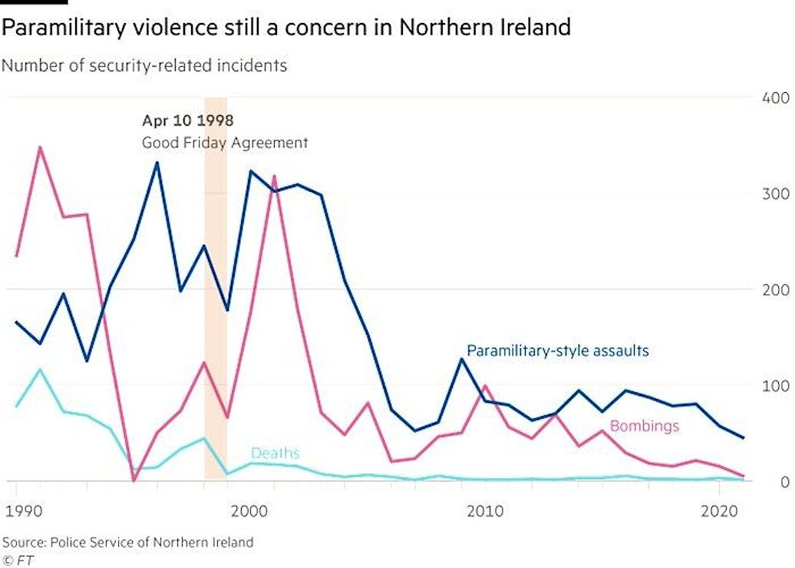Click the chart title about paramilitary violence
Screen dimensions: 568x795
click(285, 28)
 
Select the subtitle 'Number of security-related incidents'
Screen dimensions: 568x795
click(144, 65)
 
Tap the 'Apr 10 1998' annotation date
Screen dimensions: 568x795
click(187, 121)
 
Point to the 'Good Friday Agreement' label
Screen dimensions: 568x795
click(225, 143)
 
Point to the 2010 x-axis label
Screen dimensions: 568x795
click(485, 510)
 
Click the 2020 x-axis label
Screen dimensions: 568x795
click(719, 510)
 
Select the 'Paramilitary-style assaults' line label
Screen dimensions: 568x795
click(558, 351)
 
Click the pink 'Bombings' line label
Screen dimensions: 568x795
click(644, 426)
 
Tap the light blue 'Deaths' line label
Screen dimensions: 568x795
click(275, 454)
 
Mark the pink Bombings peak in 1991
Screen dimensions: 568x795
click(40, 147)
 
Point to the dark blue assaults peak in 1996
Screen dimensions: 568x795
click(157, 163)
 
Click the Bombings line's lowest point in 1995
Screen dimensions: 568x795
click(134, 480)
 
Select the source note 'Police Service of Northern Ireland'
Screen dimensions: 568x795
click(127, 542)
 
